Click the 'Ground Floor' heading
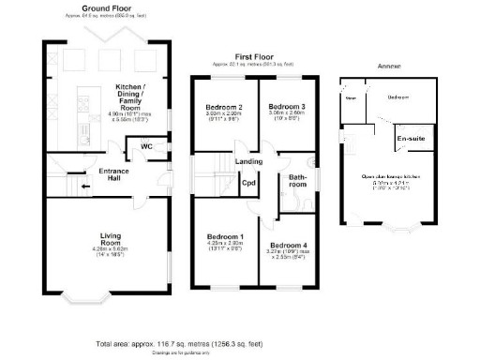(x=104, y=8)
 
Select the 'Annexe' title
(x=388, y=67)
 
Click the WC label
(x=146, y=147)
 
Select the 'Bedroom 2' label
(x=224, y=108)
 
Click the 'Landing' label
(x=248, y=162)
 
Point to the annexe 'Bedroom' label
(x=399, y=97)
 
